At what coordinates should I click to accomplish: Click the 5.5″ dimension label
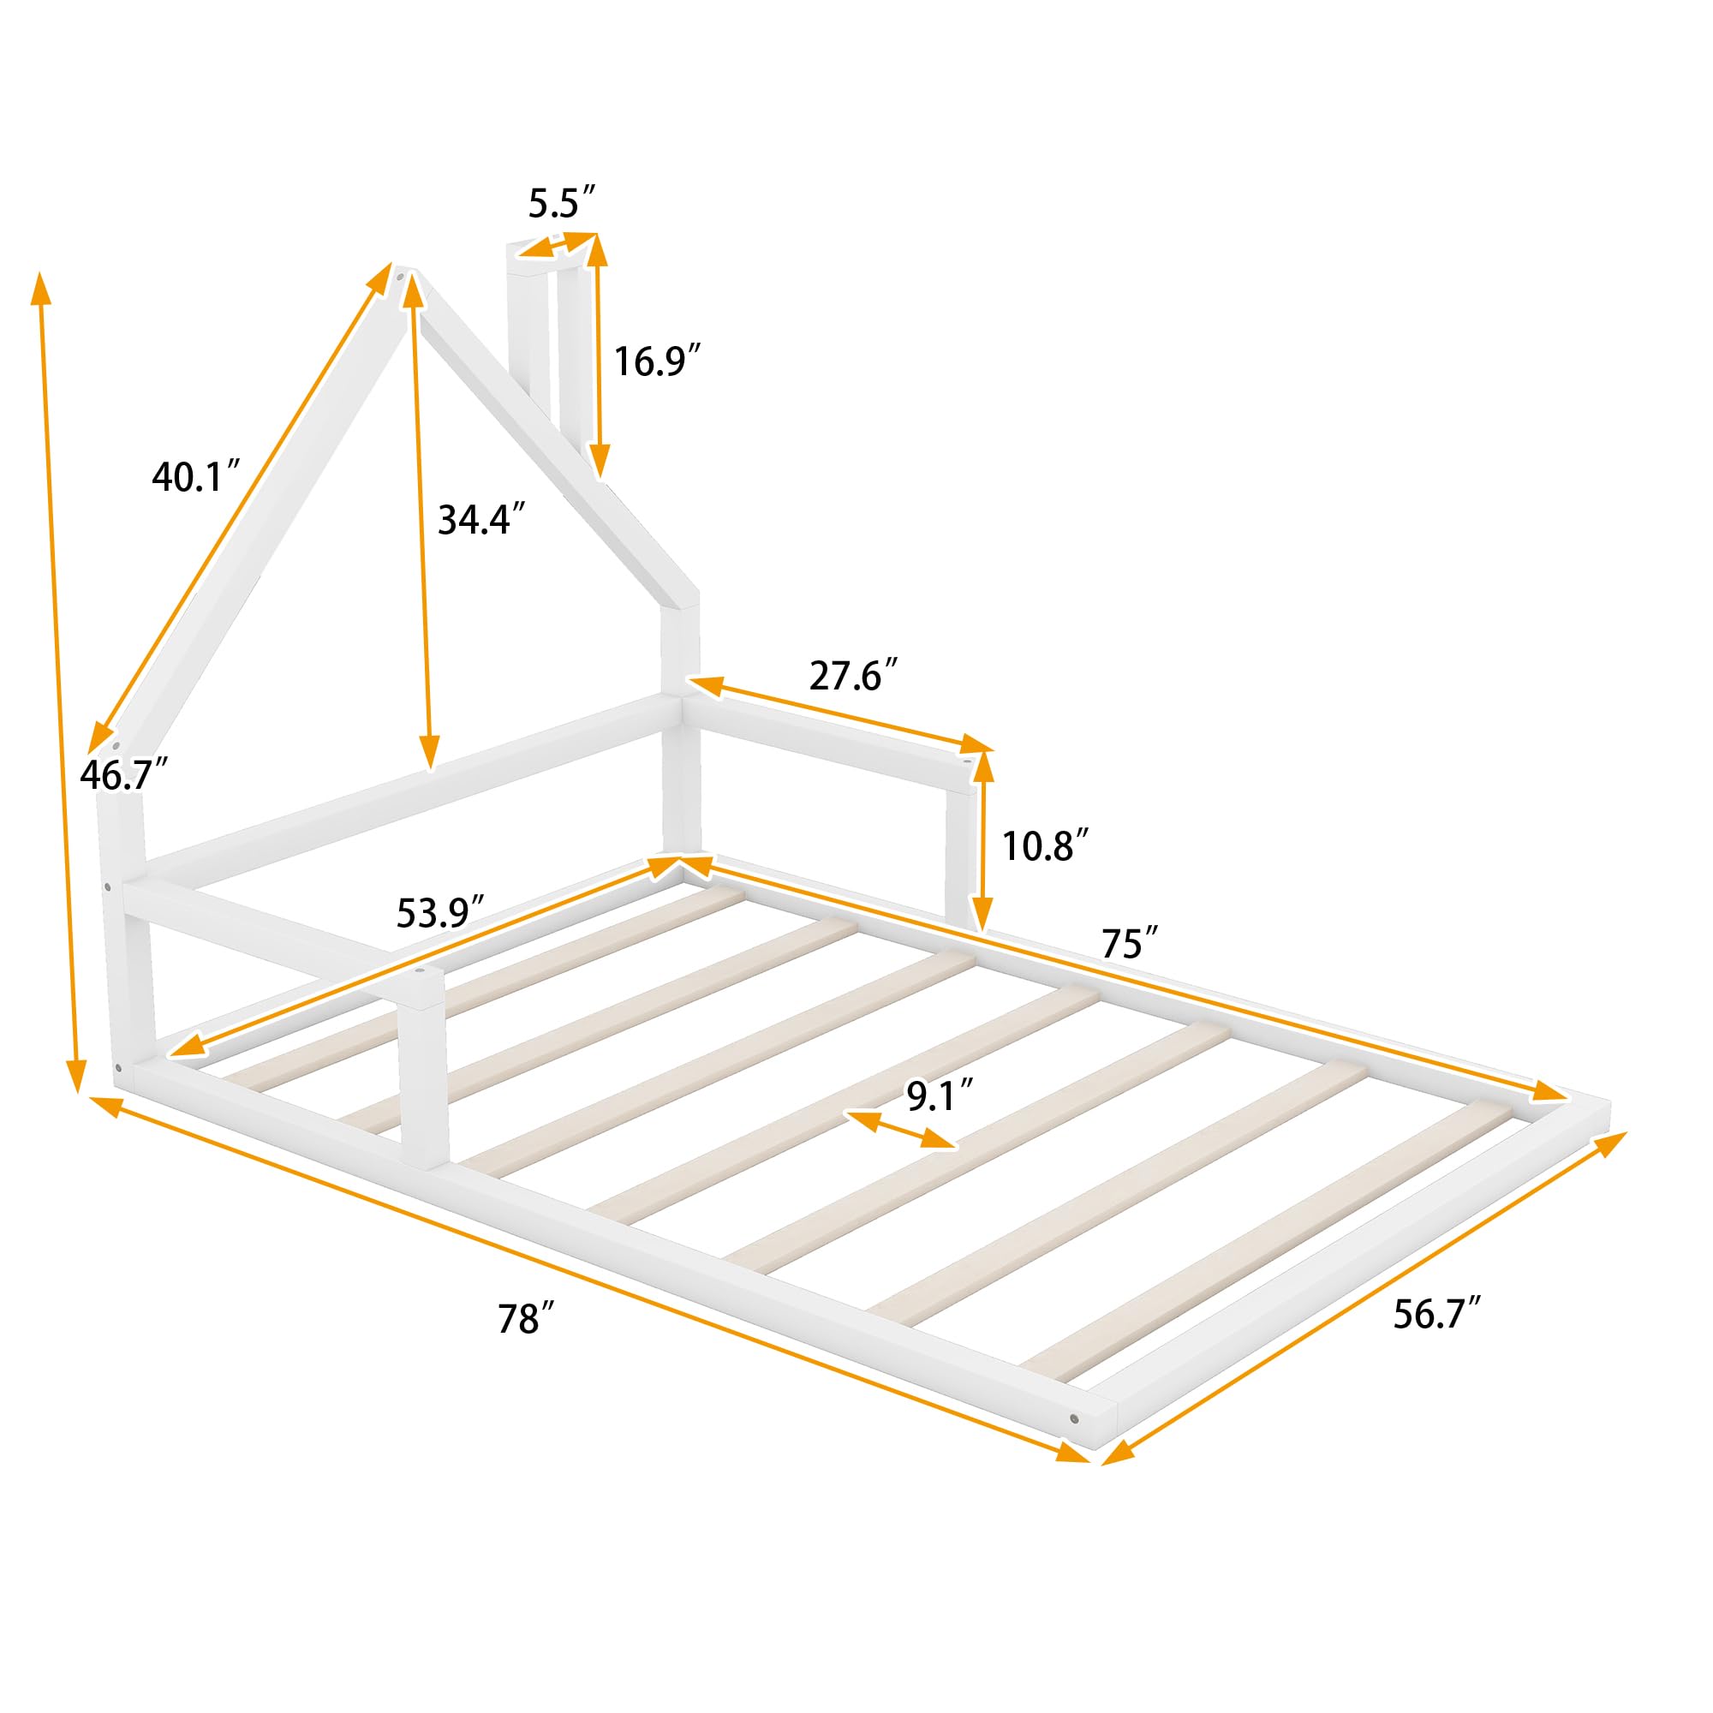coord(561,204)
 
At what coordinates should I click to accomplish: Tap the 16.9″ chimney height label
coord(657,361)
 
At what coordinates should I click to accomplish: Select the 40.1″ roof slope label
coord(196,477)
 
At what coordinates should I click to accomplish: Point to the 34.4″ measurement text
coord(482,520)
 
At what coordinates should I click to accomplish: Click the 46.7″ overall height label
coord(123,775)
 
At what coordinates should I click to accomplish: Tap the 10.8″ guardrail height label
coord(1044,847)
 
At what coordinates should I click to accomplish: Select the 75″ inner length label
coord(1130,944)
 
